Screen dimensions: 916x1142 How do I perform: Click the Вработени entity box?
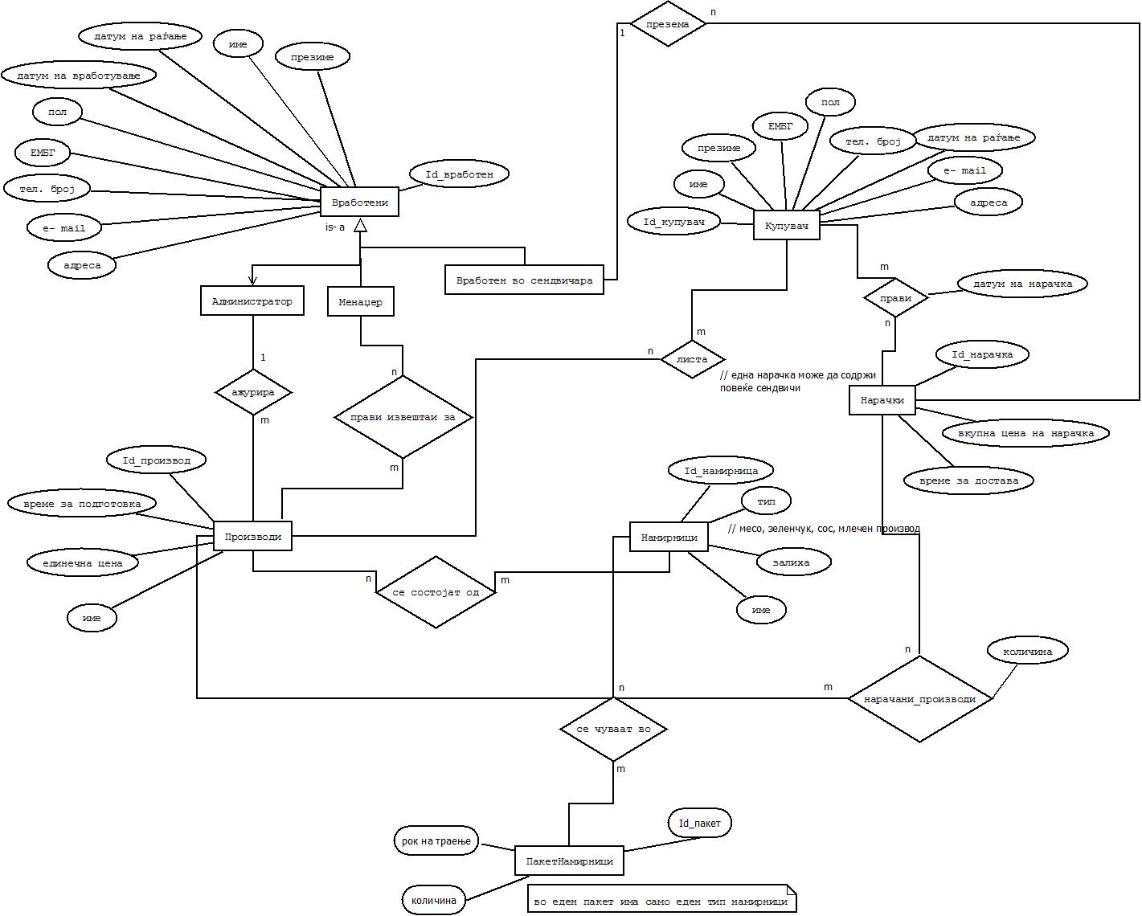(359, 202)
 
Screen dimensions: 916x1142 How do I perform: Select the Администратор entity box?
(252, 302)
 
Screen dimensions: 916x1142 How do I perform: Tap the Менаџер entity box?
(360, 303)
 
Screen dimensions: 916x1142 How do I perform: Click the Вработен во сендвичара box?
(524, 280)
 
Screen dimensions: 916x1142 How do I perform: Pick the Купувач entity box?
(786, 226)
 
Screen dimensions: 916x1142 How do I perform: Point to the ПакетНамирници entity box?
(569, 861)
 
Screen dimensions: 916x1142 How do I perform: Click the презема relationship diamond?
(668, 24)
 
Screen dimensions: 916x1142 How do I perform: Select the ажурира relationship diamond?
(253, 393)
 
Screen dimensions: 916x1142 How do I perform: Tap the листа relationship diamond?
(692, 359)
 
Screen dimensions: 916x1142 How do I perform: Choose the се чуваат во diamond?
(613, 730)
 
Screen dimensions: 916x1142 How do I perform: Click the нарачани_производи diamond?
(919, 699)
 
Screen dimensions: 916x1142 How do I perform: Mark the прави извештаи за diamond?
(403, 418)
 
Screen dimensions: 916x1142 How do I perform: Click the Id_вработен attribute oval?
(459, 174)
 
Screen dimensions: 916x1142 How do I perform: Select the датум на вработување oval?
(78, 76)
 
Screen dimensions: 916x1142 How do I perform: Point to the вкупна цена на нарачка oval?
(1025, 433)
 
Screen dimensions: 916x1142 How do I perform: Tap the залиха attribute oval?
(791, 562)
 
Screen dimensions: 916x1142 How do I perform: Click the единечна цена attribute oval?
(83, 563)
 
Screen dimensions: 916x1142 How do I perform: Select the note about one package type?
(661, 902)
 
